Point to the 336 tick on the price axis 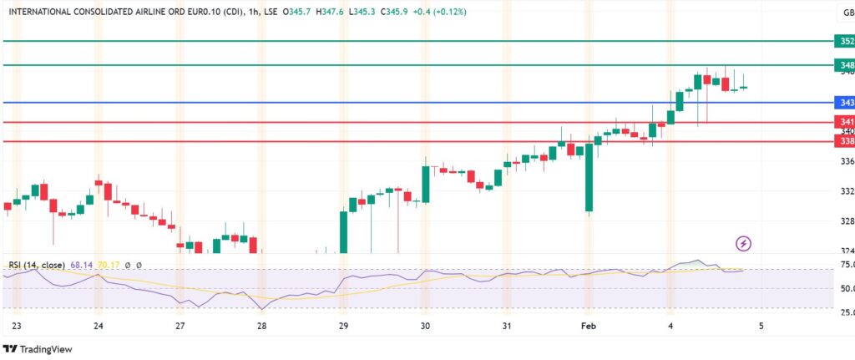846,161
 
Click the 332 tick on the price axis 846,191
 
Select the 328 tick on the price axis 846,221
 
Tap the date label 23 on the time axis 17,327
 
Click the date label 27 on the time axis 180,327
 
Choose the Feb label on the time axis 589,327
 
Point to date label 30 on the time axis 425,327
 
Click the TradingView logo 38,349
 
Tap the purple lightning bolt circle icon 743,244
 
